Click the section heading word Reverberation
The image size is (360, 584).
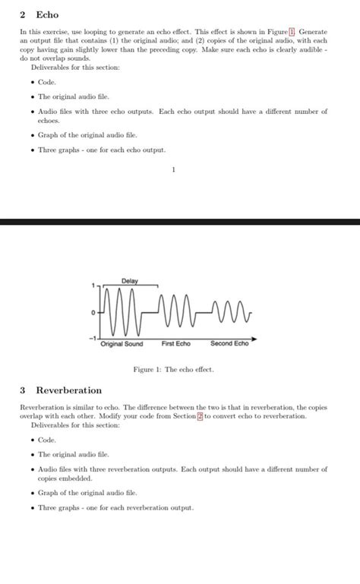[68, 390]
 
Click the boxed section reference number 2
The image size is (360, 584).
[200, 415]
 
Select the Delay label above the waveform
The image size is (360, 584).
[129, 281]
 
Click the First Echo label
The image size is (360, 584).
[176, 344]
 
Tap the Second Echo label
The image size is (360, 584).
[229, 344]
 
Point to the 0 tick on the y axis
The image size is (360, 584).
[92, 312]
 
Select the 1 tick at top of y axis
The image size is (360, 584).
[93, 286]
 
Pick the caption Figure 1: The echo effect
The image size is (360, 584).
[174, 369]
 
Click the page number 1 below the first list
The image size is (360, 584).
[173, 169]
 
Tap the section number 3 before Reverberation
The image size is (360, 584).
[23, 390]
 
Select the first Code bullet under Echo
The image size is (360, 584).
[47, 82]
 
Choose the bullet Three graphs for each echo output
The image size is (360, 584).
[102, 150]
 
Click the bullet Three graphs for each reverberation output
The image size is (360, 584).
[116, 507]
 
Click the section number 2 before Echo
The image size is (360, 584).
[23, 14]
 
